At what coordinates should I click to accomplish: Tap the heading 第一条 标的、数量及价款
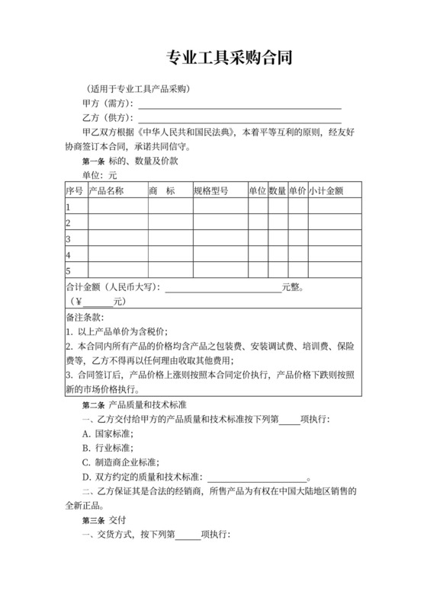[x=129, y=161]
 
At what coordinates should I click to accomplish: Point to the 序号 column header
[x=74, y=190]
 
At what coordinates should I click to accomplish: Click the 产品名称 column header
[x=107, y=190]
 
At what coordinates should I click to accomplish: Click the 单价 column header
[x=297, y=190]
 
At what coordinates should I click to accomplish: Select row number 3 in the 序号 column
[x=69, y=238]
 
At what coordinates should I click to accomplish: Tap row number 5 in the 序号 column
[x=69, y=270]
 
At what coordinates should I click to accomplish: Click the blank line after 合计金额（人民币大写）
[x=223, y=288]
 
